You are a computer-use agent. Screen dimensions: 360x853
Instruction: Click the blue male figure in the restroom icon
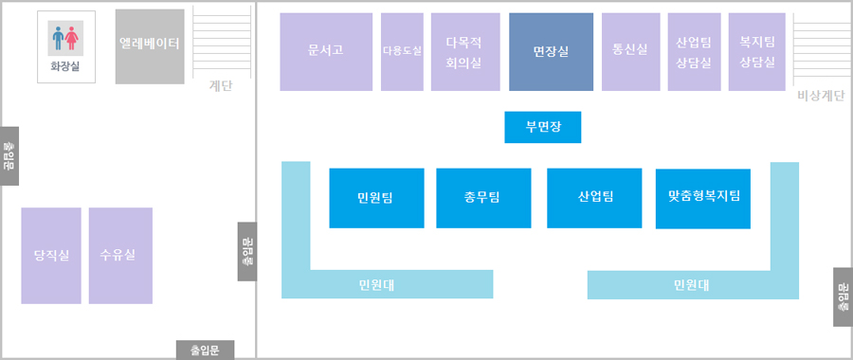pyautogui.click(x=59, y=38)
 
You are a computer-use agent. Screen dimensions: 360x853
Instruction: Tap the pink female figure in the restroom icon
pyautogui.click(x=74, y=38)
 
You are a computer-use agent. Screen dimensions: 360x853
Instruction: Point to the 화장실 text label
pyautogui.click(x=65, y=66)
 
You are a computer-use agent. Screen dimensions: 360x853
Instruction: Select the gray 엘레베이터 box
pyautogui.click(x=150, y=46)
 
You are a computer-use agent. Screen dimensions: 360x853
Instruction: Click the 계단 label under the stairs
pyautogui.click(x=220, y=86)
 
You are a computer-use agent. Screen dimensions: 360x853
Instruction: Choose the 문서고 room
pyautogui.click(x=326, y=52)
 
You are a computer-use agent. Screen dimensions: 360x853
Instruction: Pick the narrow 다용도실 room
pyautogui.click(x=402, y=52)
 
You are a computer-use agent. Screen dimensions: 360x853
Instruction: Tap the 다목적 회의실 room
pyautogui.click(x=464, y=52)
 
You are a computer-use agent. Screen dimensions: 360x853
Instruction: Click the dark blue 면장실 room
pyautogui.click(x=551, y=52)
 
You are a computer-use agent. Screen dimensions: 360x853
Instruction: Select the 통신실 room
pyautogui.click(x=630, y=52)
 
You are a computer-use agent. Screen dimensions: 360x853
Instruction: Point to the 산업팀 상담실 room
pyautogui.click(x=694, y=52)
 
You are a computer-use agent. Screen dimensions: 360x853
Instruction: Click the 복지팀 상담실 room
pyautogui.click(x=757, y=52)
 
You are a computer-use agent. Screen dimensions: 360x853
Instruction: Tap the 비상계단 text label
pyautogui.click(x=821, y=96)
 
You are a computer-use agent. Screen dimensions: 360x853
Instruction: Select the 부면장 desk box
pyautogui.click(x=542, y=127)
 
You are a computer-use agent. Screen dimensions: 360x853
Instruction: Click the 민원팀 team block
pyautogui.click(x=376, y=198)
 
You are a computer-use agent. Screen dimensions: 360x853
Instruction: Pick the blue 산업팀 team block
pyautogui.click(x=594, y=198)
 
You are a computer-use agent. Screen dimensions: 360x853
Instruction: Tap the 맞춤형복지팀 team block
pyautogui.click(x=702, y=198)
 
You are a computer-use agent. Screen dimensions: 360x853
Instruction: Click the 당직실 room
pyautogui.click(x=51, y=256)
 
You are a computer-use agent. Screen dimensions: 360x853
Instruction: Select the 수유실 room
pyautogui.click(x=120, y=256)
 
